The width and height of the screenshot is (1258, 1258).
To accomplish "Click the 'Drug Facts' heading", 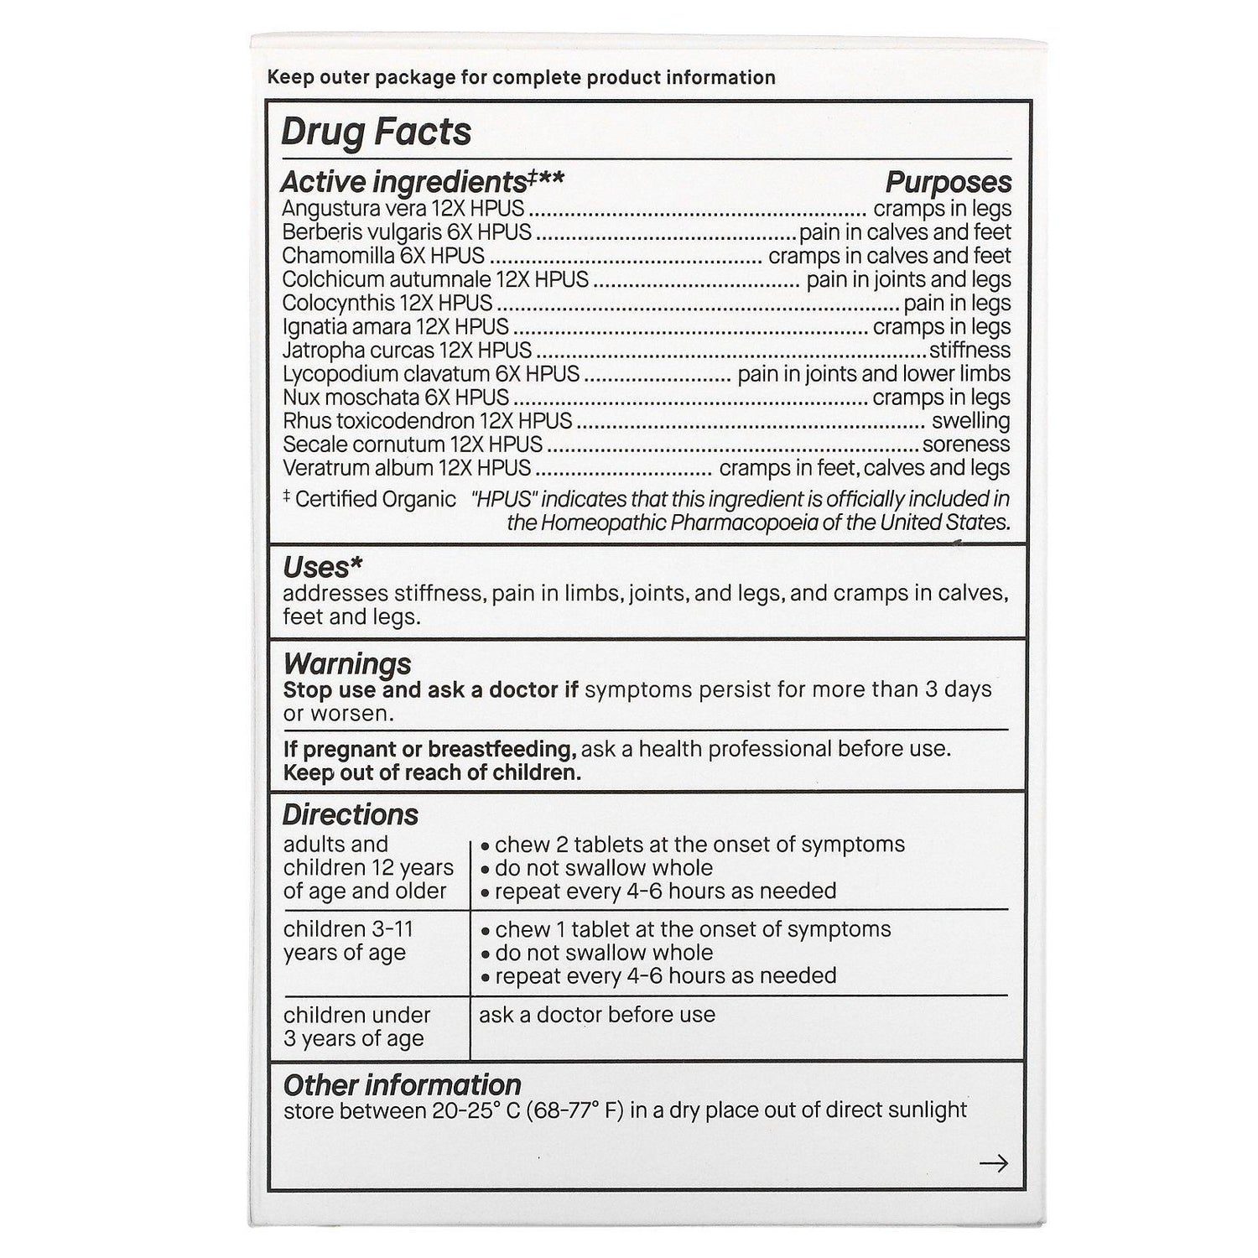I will (x=376, y=133).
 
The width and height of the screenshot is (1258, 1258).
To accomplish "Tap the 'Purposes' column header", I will (x=949, y=182).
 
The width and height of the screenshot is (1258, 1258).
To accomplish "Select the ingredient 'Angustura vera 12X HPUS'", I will (x=403, y=208).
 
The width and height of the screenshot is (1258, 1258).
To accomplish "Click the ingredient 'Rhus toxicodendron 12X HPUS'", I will (x=427, y=420).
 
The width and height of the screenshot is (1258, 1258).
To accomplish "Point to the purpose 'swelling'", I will (x=971, y=420).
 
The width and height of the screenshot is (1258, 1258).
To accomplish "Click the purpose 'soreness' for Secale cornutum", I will (x=966, y=444).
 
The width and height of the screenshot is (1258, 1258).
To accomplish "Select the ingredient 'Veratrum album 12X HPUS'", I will (x=407, y=467).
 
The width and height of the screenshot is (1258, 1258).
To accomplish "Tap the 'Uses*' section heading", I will (x=323, y=568).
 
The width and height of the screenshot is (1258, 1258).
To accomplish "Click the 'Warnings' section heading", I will (x=347, y=663).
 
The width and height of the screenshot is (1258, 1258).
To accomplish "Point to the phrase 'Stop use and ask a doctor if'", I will (x=431, y=690).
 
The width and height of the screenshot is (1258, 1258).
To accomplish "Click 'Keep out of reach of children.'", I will (x=432, y=772).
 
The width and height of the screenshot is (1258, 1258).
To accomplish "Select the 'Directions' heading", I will (x=350, y=814).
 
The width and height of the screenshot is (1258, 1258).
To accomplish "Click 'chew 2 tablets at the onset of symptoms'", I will (x=699, y=845).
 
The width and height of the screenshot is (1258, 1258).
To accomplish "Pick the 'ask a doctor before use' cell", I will (x=597, y=1015).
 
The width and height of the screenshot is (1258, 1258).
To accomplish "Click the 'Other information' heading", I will (x=402, y=1085).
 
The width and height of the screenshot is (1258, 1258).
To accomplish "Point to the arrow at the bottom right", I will (x=994, y=1163).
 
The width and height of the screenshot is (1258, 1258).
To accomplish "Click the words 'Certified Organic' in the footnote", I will (x=376, y=499).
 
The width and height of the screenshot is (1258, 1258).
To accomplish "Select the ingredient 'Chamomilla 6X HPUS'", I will (x=383, y=255).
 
